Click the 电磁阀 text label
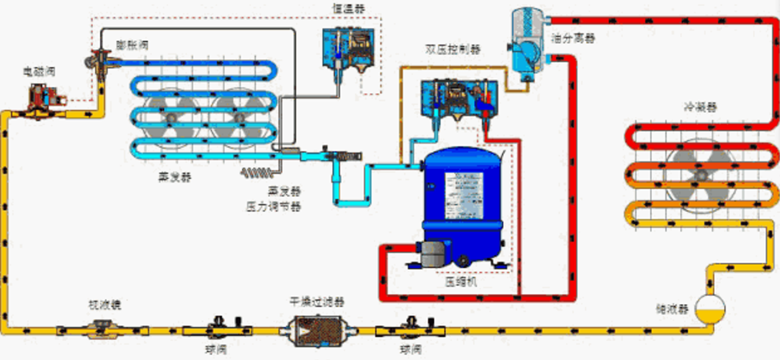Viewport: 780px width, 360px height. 40,72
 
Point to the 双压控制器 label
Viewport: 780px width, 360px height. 452,49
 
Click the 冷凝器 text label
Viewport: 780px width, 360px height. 701,107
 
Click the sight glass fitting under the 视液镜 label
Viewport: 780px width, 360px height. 102,331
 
